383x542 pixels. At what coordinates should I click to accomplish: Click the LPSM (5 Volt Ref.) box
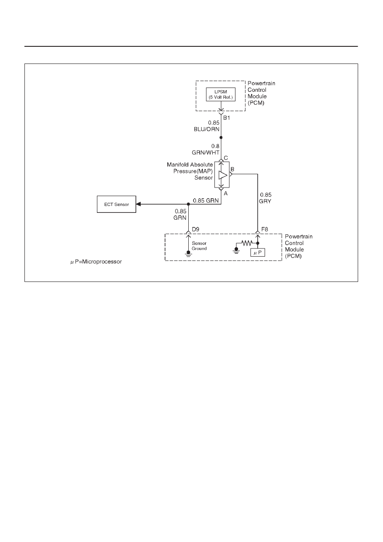click(x=220, y=94)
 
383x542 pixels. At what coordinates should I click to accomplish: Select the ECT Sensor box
click(x=116, y=204)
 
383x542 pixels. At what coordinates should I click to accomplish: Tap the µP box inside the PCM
click(x=258, y=253)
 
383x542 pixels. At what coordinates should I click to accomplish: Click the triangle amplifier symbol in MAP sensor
click(x=223, y=175)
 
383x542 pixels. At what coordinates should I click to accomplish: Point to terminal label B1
click(x=226, y=118)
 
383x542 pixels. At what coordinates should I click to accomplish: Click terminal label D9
click(x=196, y=229)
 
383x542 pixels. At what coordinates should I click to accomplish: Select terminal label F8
click(x=265, y=229)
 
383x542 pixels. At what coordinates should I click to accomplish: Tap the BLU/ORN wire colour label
click(x=206, y=129)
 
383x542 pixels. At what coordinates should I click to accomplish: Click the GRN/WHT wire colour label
click(x=205, y=152)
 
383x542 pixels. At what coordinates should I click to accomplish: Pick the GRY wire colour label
click(x=265, y=201)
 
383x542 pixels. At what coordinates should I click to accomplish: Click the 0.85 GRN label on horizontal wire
click(x=205, y=200)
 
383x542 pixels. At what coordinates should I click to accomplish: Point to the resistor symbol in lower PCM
click(x=247, y=243)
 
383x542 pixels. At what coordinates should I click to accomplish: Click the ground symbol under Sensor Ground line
click(x=188, y=254)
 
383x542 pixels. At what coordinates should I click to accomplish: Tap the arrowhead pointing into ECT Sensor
click(x=138, y=204)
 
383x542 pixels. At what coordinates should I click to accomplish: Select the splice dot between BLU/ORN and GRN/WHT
click(x=221, y=137)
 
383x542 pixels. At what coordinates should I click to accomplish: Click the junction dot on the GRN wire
click(x=188, y=204)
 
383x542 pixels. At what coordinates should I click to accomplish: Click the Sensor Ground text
click(x=199, y=246)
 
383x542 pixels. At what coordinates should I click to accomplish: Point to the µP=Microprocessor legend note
click(x=96, y=262)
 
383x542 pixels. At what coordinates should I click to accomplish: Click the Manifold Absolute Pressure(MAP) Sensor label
click(x=190, y=171)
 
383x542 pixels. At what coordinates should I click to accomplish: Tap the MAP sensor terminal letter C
click(x=226, y=158)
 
